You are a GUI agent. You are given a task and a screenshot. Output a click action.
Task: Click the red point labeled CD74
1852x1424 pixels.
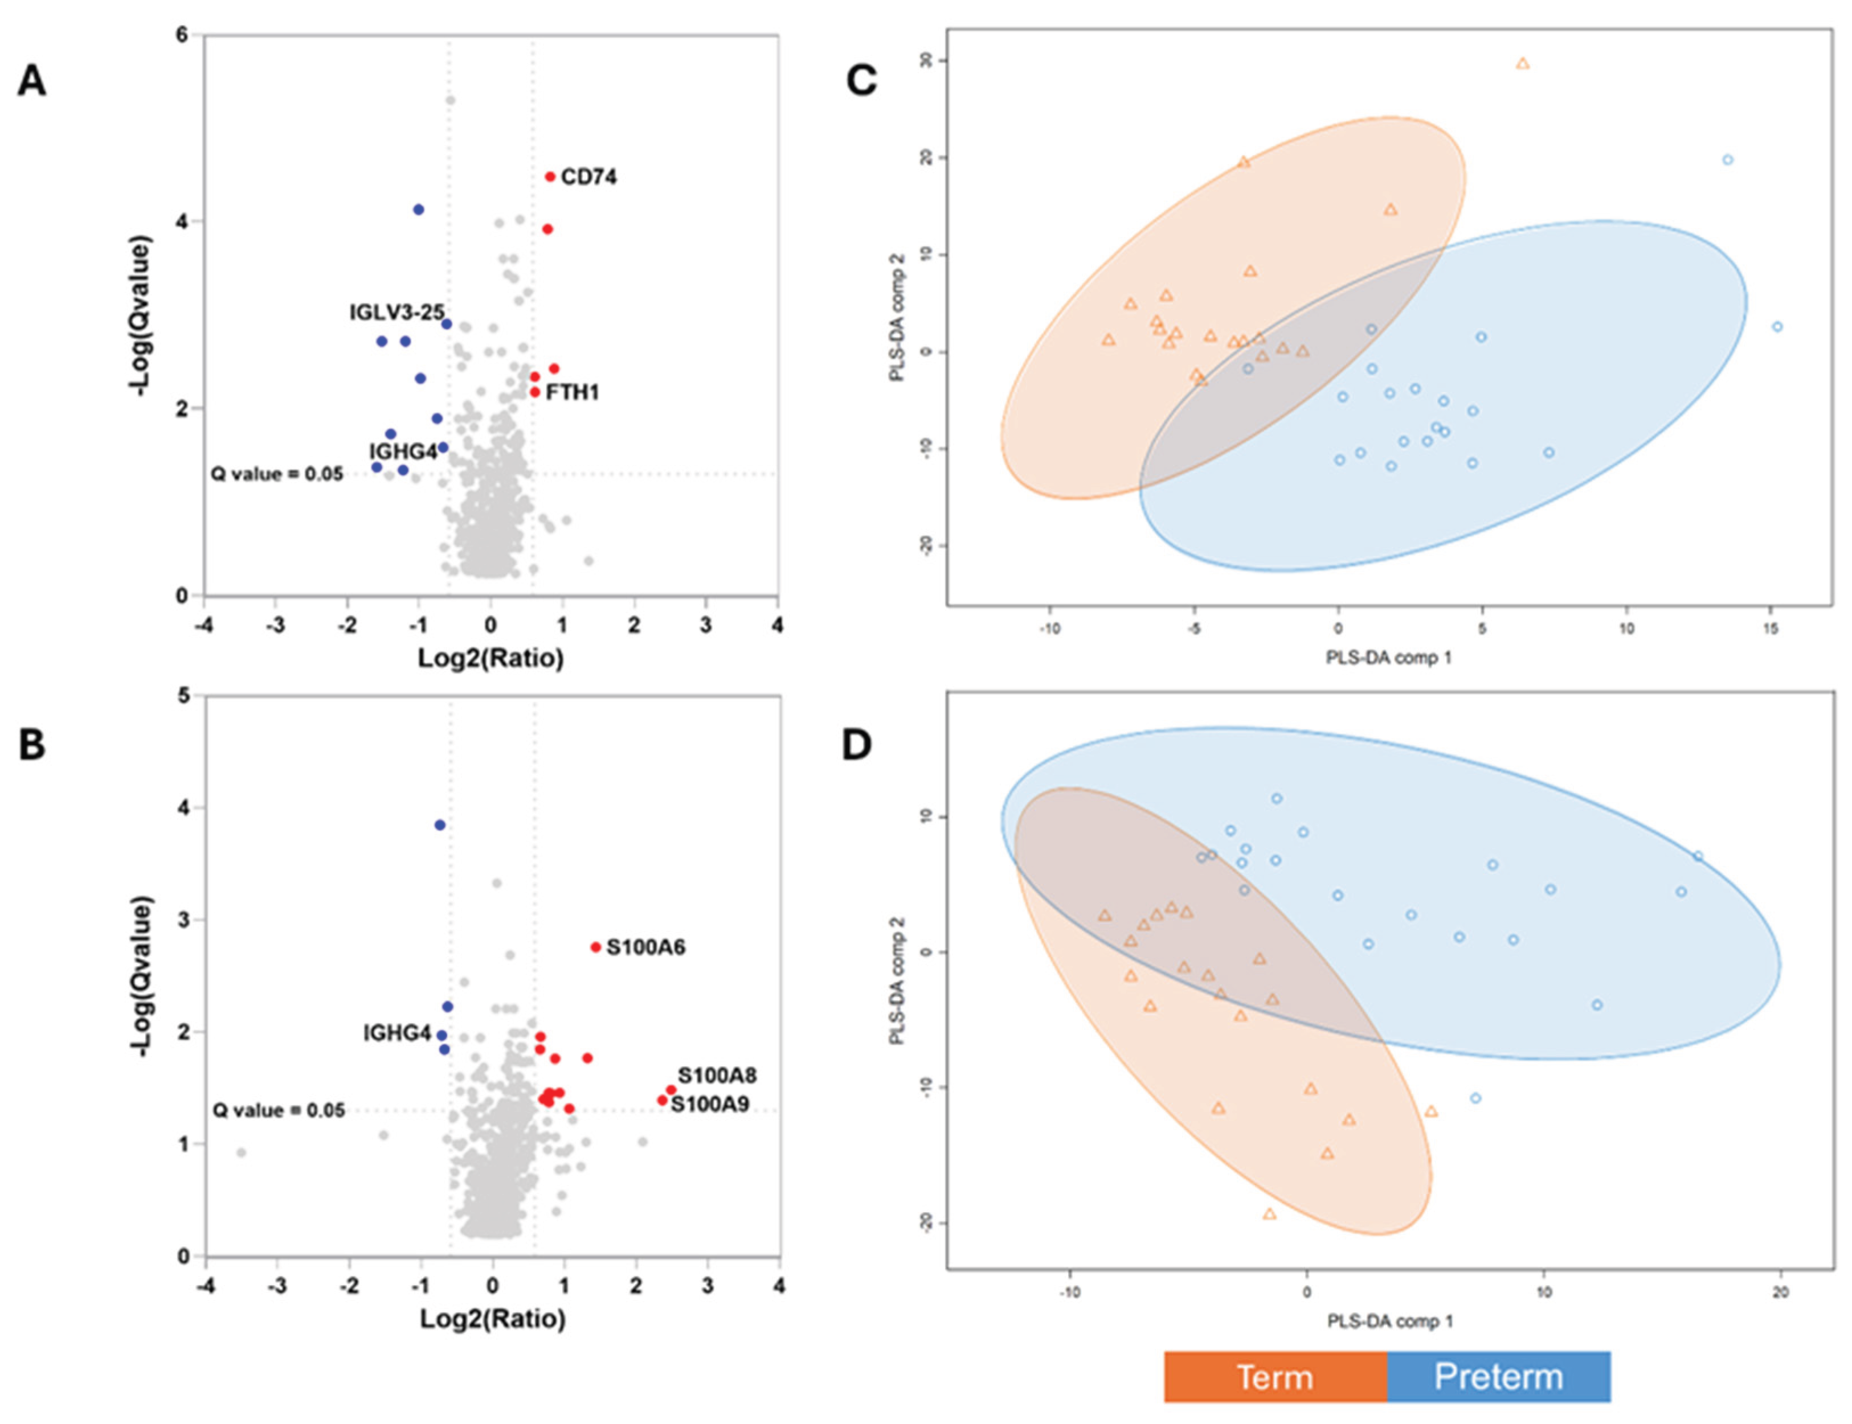[550, 177]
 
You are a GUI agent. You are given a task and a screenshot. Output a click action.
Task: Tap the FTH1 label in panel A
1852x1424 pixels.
[573, 392]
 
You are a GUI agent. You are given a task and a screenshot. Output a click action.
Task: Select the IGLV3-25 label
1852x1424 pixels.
[396, 313]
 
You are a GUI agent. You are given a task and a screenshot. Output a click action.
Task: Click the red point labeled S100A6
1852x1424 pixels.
[595, 947]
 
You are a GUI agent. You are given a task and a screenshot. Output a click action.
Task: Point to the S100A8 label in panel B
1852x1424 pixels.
[717, 1075]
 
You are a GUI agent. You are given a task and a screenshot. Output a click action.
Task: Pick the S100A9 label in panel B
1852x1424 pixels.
[710, 1105]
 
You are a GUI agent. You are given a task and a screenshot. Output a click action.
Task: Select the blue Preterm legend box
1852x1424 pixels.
[1498, 1377]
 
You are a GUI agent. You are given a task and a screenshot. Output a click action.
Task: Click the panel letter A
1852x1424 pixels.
[32, 82]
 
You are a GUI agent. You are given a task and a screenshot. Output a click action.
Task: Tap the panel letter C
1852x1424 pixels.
[861, 81]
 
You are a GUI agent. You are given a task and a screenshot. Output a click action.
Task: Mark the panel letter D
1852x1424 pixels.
[856, 745]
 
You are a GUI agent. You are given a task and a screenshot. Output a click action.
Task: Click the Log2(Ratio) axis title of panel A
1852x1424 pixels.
[490, 658]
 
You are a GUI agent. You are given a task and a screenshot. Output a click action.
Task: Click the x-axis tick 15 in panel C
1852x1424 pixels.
[1771, 629]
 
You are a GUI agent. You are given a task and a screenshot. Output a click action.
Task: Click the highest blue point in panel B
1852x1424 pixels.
[439, 824]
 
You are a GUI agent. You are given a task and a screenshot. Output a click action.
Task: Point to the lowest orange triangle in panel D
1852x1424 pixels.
[1269, 1214]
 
